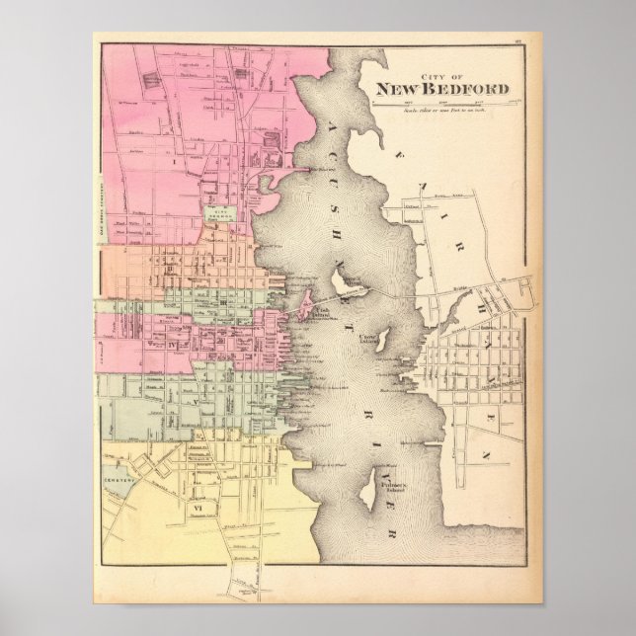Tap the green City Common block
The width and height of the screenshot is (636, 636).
coord(219,211)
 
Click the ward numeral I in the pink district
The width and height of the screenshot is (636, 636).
coord(176,156)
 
